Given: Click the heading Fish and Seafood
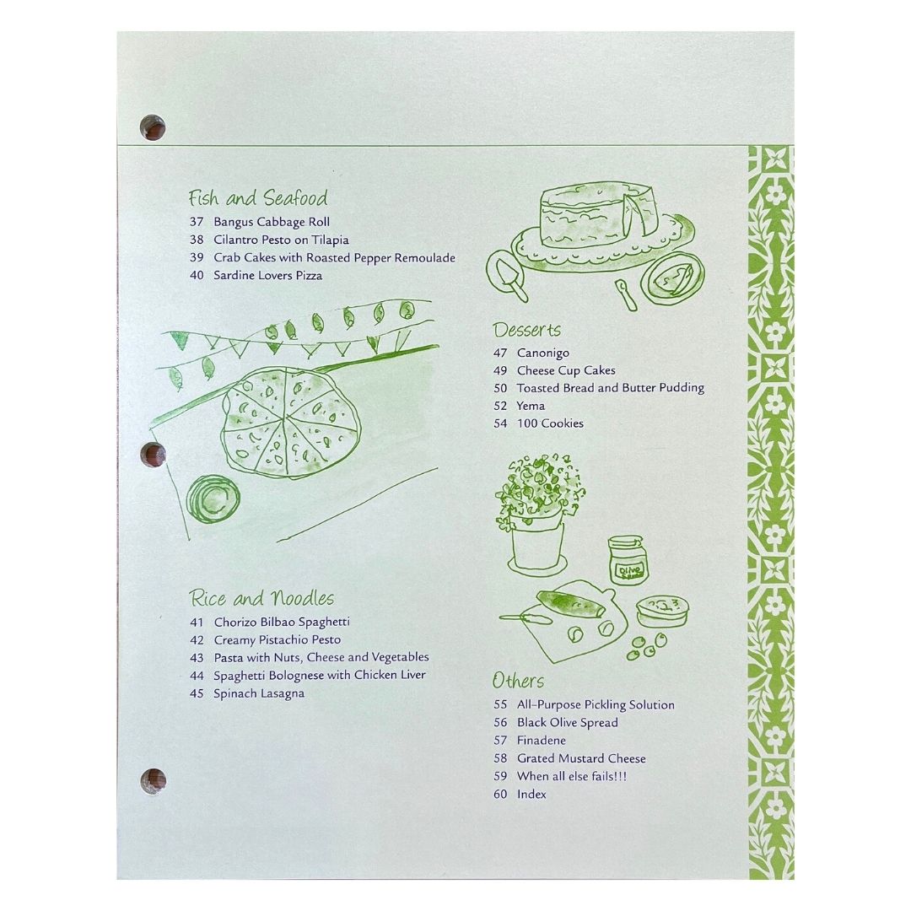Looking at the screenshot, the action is [x=258, y=197].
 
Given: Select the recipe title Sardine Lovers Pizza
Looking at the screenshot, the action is [x=268, y=275].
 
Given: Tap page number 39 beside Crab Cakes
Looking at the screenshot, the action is [x=197, y=257].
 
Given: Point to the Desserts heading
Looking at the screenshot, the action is [x=527, y=330].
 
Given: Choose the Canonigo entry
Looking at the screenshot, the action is [x=543, y=353].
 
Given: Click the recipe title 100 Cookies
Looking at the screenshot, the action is [x=550, y=423].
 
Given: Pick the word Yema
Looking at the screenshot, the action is [x=531, y=406].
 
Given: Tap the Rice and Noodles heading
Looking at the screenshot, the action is [x=262, y=598].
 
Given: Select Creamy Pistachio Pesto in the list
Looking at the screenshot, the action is [x=278, y=639].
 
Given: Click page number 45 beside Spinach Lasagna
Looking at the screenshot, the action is [x=197, y=693].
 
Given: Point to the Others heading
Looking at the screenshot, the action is [x=518, y=681].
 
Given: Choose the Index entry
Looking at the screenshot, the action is [x=531, y=795].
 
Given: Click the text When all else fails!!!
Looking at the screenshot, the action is [x=572, y=776].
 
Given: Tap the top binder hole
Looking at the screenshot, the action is [x=153, y=128].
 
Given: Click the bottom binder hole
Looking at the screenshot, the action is [x=154, y=781].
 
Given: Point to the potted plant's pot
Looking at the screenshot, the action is [x=537, y=546].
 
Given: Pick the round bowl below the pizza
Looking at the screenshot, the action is [x=213, y=499].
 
